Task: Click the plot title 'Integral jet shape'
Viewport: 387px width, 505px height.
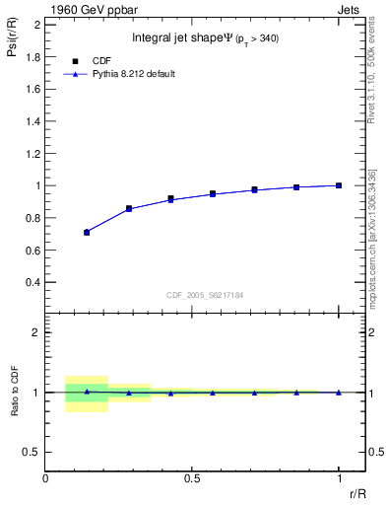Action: coord(192,39)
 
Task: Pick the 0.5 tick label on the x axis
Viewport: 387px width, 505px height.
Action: coord(192,478)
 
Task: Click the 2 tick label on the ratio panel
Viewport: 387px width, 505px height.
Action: coord(36,332)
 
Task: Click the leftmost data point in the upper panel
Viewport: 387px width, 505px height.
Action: coord(87,232)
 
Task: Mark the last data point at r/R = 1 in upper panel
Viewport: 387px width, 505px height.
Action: coord(339,185)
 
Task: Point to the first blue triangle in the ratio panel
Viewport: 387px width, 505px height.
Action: coord(87,392)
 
